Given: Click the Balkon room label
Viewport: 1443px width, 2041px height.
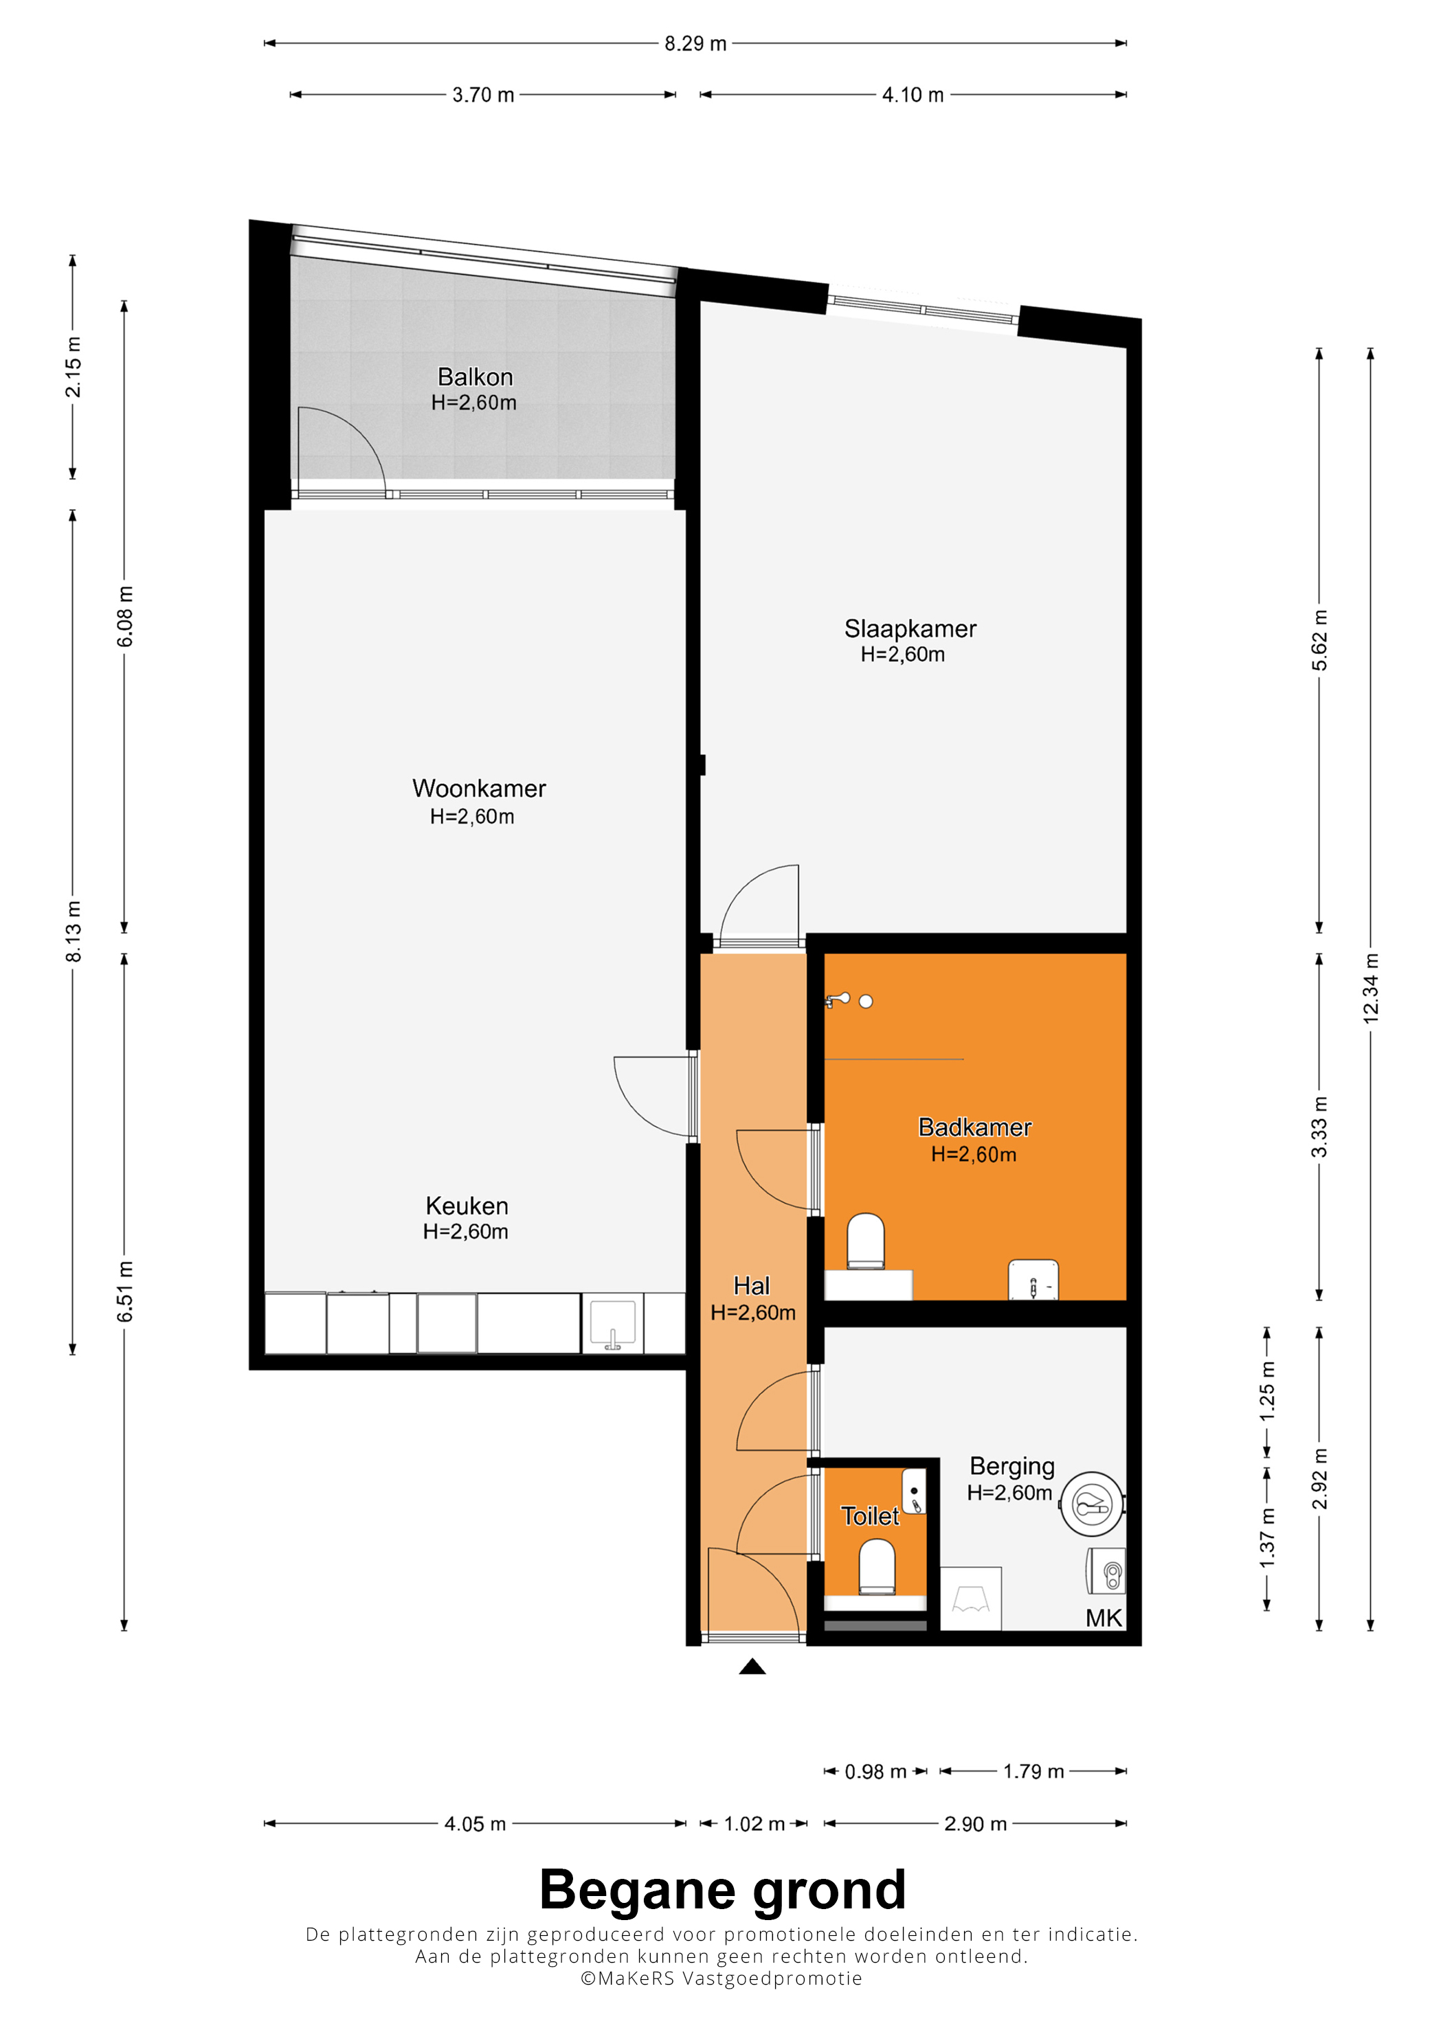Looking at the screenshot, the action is [x=475, y=377].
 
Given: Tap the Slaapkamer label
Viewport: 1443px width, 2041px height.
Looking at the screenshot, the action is [x=910, y=629].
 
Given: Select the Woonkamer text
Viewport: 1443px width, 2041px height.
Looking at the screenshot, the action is [x=478, y=789].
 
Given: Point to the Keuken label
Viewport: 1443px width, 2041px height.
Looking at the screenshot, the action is [x=467, y=1206].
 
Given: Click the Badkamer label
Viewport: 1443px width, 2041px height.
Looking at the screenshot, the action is [x=974, y=1127].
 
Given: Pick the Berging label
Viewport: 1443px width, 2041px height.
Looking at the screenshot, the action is [x=1011, y=1466].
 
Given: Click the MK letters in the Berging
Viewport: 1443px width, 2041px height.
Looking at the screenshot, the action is [x=1104, y=1618].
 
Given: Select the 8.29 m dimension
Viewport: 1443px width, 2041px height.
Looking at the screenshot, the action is [x=695, y=43].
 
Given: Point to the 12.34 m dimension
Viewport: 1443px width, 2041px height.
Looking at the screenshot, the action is [x=1371, y=988].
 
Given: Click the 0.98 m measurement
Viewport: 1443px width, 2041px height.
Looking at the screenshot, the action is [x=875, y=1772].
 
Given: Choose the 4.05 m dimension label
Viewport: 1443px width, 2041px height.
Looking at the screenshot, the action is [x=475, y=1824].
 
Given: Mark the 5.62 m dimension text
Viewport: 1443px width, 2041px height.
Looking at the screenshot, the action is [x=1319, y=640].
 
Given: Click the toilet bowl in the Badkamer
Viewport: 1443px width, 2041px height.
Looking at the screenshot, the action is [x=865, y=1241].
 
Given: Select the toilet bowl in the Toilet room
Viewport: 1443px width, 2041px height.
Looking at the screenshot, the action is [x=877, y=1566].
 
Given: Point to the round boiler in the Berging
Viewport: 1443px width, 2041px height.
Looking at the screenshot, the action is [x=1092, y=1504].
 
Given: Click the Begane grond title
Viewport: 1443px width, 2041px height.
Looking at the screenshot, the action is [x=722, y=1890].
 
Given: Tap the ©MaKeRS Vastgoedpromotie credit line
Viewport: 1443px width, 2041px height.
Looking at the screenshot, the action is [x=721, y=1978].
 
